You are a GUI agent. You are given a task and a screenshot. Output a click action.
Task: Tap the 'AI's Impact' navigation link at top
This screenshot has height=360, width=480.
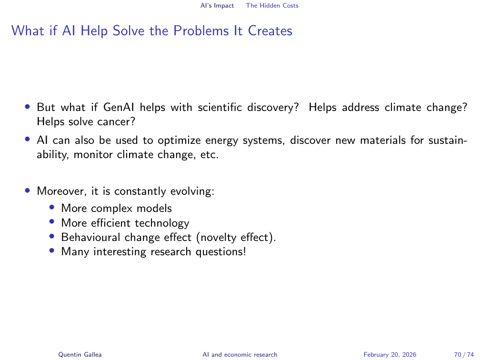217,6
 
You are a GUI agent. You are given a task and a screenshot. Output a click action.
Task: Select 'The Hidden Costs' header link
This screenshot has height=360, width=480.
272,6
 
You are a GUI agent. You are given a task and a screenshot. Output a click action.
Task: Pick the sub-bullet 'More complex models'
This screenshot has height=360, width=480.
117,208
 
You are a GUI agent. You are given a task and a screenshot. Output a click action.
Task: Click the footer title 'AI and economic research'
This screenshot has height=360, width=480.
240,354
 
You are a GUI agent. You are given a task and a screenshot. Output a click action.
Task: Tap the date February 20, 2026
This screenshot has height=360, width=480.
390,354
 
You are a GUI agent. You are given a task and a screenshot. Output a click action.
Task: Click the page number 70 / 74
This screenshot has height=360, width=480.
461,354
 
